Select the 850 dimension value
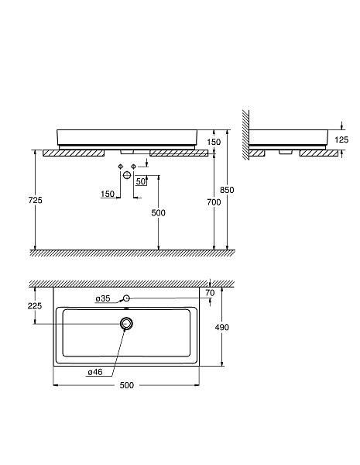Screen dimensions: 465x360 click(227, 190)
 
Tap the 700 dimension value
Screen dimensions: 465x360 click(214, 201)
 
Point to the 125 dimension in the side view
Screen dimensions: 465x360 click(341, 139)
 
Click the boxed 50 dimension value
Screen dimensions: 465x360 click(140, 181)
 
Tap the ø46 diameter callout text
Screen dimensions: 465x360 click(94, 372)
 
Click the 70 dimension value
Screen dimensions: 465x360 click(209, 292)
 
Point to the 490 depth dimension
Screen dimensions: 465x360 click(221, 327)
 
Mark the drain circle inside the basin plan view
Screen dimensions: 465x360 click(126, 323)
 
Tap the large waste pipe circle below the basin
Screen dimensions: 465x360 click(126, 176)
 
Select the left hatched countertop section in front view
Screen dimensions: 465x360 click(74, 153)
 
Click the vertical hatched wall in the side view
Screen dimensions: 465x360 click(245, 136)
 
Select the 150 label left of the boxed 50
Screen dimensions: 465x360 click(108, 194)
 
